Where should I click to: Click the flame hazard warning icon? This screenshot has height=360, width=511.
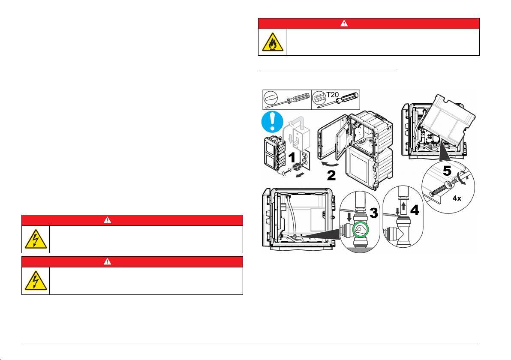pyautogui.click(x=272, y=43)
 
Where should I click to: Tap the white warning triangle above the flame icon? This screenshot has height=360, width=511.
pyautogui.click(x=344, y=23)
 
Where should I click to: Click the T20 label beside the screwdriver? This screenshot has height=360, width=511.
pyautogui.click(x=332, y=94)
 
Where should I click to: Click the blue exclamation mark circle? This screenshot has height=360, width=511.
pyautogui.click(x=272, y=122)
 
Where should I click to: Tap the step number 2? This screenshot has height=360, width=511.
pyautogui.click(x=331, y=175)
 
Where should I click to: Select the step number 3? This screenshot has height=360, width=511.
pyautogui.click(x=373, y=213)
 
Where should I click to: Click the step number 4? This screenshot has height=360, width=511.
pyautogui.click(x=415, y=210)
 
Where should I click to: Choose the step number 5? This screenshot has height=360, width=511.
pyautogui.click(x=447, y=171)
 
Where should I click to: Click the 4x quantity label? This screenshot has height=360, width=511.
pyautogui.click(x=457, y=198)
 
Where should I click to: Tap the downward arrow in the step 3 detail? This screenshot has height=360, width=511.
pyautogui.click(x=349, y=217)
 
